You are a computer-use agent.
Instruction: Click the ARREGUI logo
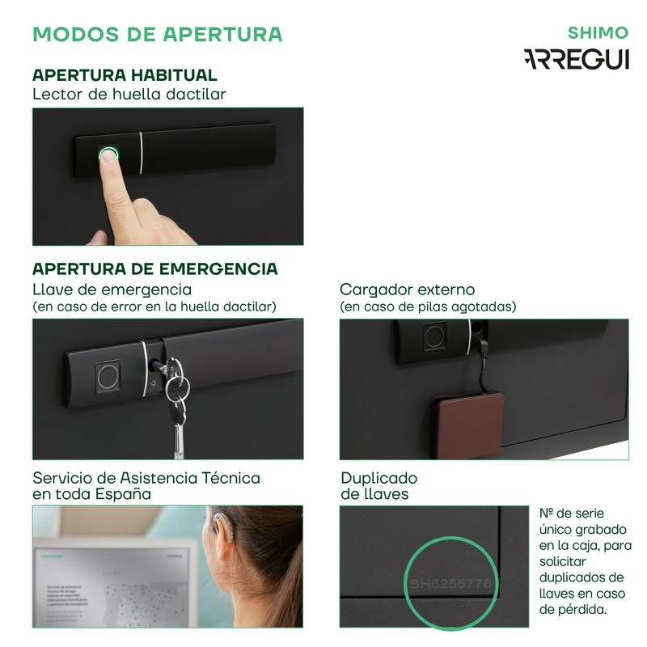(x=576, y=60)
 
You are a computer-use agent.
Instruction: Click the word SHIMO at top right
(x=598, y=33)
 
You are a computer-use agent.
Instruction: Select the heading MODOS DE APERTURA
(x=157, y=34)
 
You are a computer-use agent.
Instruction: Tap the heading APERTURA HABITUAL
(x=125, y=75)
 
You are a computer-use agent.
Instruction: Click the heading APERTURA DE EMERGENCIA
(x=155, y=269)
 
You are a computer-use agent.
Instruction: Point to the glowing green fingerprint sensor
(x=108, y=153)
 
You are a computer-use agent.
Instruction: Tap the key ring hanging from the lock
(x=176, y=388)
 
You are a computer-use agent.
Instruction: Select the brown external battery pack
(x=467, y=425)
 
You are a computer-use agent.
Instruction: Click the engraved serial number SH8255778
(x=450, y=582)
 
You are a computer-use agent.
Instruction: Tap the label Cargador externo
(x=407, y=290)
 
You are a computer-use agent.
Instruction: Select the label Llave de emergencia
(x=112, y=290)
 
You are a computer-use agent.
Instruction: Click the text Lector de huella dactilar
(x=129, y=94)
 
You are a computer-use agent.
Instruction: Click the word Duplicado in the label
(x=378, y=478)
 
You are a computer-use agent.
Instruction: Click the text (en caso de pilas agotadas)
(x=428, y=307)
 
